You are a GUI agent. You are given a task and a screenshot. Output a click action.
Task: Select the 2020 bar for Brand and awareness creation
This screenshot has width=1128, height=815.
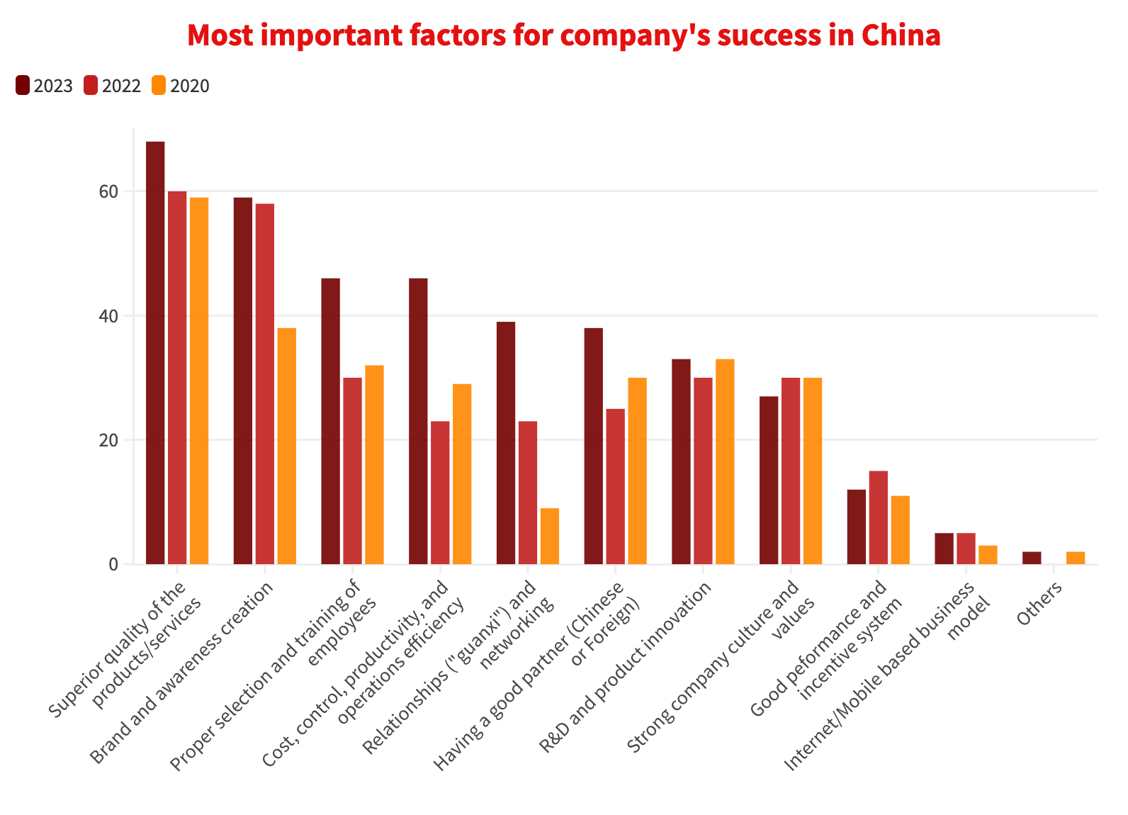pos(287,446)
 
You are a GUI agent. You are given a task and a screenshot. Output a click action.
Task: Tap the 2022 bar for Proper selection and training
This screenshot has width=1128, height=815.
pos(352,471)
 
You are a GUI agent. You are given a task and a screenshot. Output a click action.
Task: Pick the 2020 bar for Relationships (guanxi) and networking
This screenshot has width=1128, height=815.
pos(550,536)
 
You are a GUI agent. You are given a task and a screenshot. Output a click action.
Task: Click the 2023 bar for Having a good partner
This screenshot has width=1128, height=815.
pos(594,446)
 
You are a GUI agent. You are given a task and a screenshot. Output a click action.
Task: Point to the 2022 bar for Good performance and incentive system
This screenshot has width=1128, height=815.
pos(879,518)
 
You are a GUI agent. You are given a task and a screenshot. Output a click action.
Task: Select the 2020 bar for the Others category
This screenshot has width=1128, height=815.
pos(1076,558)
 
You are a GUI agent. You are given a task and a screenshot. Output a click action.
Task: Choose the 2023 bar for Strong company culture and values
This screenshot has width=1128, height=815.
pos(769,480)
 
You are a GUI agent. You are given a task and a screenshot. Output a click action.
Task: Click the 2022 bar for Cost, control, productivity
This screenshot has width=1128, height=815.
pos(440,493)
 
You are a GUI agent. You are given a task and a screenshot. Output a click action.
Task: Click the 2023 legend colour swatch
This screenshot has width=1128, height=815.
pos(22,86)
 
